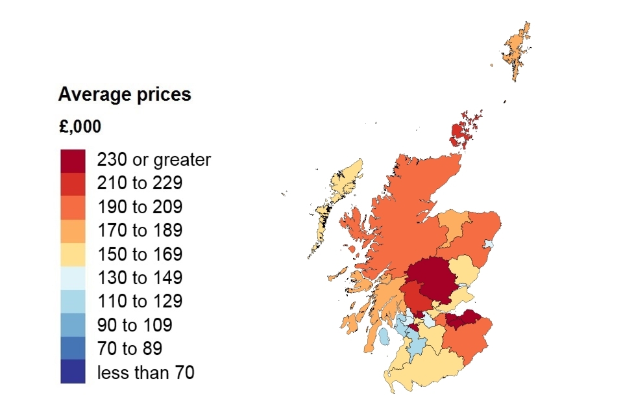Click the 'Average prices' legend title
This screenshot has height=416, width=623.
click(125, 95)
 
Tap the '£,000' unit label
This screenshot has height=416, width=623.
click(80, 127)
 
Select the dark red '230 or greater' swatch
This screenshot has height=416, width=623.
click(73, 160)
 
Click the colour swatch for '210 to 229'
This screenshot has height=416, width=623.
click(73, 183)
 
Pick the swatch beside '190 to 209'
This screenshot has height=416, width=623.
click(73, 207)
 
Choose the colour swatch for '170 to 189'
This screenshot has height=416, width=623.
click(73, 230)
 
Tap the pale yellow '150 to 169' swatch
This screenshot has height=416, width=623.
click(73, 253)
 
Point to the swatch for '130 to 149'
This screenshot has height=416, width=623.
click(73, 278)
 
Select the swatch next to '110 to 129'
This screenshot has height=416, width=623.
click(73, 301)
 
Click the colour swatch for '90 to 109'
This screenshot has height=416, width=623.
click(73, 324)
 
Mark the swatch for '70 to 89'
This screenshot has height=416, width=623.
click(73, 348)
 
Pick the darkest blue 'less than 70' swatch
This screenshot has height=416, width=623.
click(73, 372)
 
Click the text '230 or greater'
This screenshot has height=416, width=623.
click(154, 160)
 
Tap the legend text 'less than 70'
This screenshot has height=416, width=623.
click(145, 372)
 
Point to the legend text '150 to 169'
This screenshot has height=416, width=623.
click(140, 254)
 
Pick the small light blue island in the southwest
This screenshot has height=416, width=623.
click(385, 337)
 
